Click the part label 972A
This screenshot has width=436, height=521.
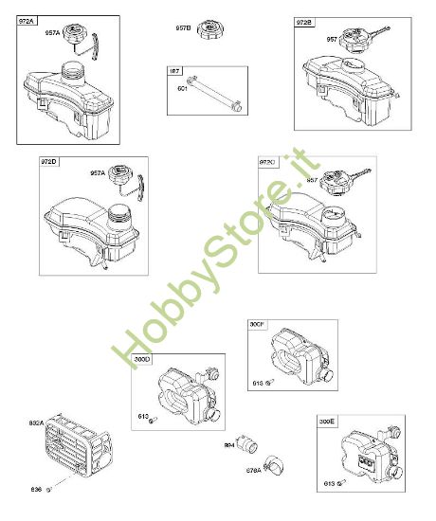point(27,21)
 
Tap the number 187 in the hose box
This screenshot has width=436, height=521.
point(174,71)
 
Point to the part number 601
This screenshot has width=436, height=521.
point(183,89)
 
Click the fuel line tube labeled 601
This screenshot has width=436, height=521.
point(212,96)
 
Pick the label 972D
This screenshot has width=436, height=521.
point(49,163)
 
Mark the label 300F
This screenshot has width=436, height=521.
point(257,324)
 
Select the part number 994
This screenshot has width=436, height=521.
point(230,443)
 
